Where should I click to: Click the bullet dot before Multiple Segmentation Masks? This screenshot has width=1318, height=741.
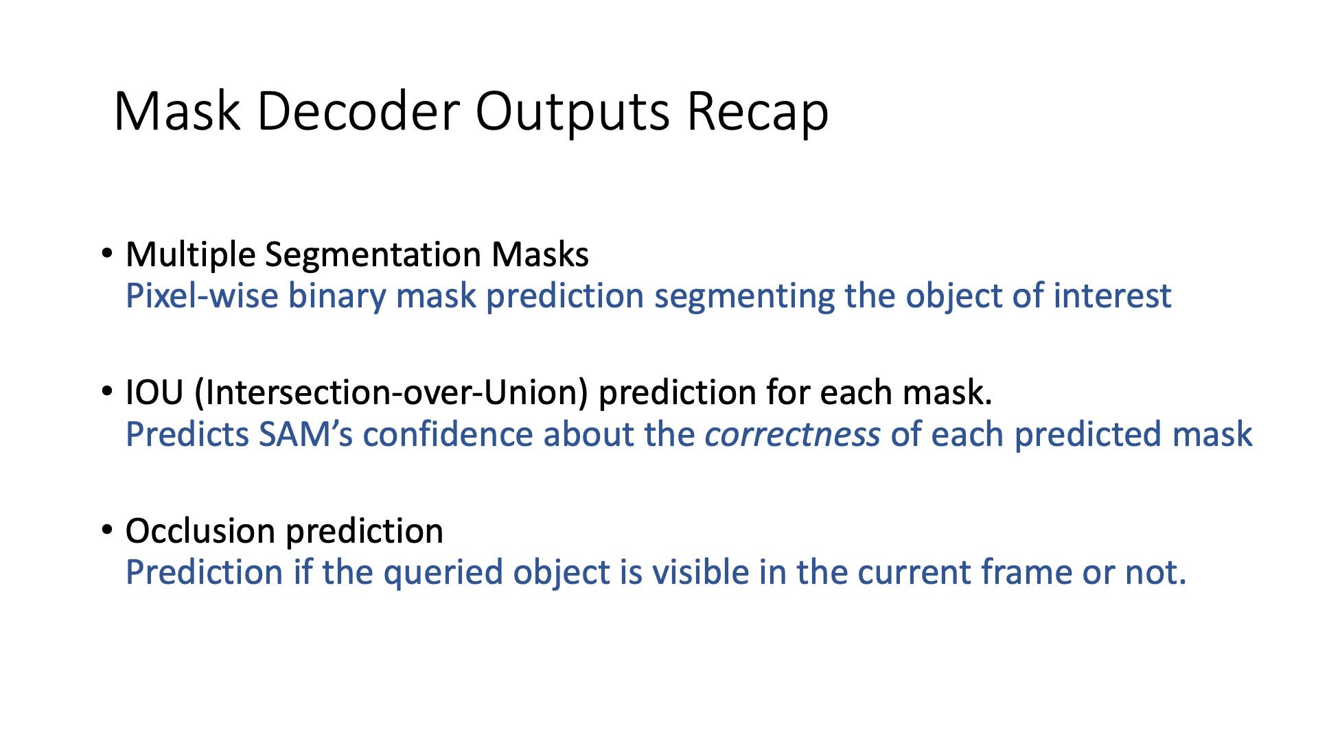coord(106,254)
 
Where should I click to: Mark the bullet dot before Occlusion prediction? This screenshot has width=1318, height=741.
coord(106,530)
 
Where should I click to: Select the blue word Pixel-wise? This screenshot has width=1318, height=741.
coord(202,296)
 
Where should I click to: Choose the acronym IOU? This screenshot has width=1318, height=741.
coord(154,393)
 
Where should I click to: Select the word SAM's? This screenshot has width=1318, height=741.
coord(305,435)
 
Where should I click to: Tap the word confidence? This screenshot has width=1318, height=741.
coord(448,435)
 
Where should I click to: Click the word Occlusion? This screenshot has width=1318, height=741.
coord(200,531)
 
